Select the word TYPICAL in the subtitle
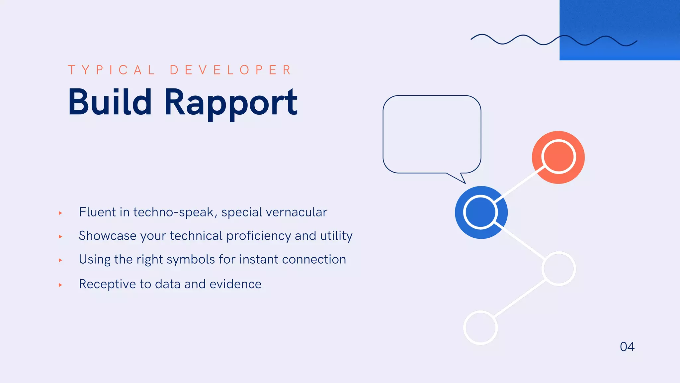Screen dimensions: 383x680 pos(111,70)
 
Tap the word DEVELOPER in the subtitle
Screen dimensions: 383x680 pos(231,70)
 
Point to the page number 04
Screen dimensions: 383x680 pos(627,347)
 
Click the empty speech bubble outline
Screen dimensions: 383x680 pos(432,134)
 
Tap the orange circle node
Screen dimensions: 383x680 pos(558,157)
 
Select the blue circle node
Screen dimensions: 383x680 pos(481,212)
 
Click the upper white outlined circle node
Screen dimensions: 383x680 pos(559,269)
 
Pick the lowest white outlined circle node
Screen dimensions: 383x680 pos(480,327)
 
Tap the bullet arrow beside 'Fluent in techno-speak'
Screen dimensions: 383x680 pos(60,213)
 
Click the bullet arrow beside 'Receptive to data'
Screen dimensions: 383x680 pos(60,285)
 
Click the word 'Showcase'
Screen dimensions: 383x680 pos(108,236)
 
